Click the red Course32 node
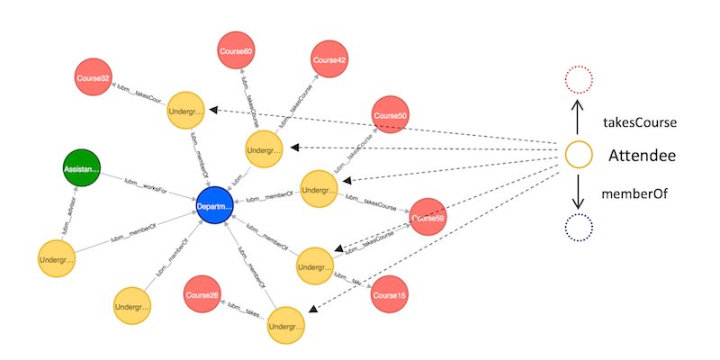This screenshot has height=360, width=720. coord(93,78)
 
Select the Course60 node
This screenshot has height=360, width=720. coord(236,52)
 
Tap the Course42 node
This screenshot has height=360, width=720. coord(328,60)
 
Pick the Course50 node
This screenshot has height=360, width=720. coord(391,117)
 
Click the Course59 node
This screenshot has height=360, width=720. coord(428,218)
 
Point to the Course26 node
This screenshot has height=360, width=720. coord(202,294)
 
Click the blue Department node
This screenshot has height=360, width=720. coord(215,207)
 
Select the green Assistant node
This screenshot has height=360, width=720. coord(82,168)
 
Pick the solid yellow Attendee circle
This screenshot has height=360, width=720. coord(580,156)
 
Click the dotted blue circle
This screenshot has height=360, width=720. coord(580,229)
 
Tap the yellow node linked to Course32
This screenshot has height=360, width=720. coord(185,112)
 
